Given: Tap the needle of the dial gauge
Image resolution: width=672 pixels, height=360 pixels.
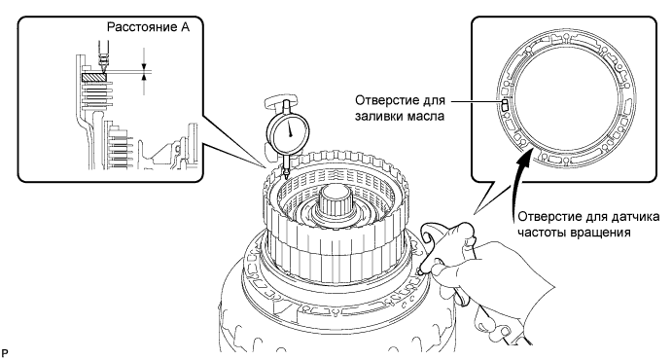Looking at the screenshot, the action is coord(290,128).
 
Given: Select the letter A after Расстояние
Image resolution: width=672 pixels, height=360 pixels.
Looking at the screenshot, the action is coord(184,28).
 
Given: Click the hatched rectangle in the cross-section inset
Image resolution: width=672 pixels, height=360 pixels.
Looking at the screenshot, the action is coord(94,78).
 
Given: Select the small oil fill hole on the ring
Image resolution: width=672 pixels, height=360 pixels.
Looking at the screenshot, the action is coord(506,104).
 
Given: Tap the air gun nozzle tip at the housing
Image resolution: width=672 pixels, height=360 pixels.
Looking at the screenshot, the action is coord(421,270).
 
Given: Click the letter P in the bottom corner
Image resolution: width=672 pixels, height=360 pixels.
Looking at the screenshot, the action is coord(5,353).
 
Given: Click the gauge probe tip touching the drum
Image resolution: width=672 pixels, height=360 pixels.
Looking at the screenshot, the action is coord(286,175).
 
